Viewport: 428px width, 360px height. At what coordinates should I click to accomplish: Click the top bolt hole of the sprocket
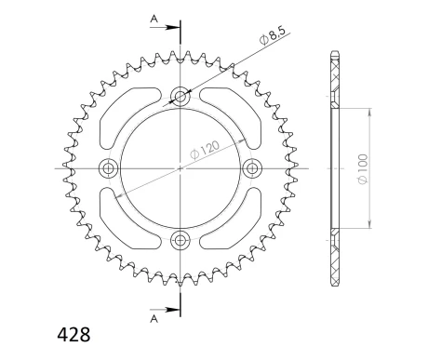tap(180, 96)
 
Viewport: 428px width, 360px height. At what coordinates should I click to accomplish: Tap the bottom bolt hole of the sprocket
tap(180, 241)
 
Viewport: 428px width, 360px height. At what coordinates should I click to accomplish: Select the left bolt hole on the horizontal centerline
tap(108, 168)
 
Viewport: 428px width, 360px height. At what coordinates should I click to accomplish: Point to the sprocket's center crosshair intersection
tap(180, 168)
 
